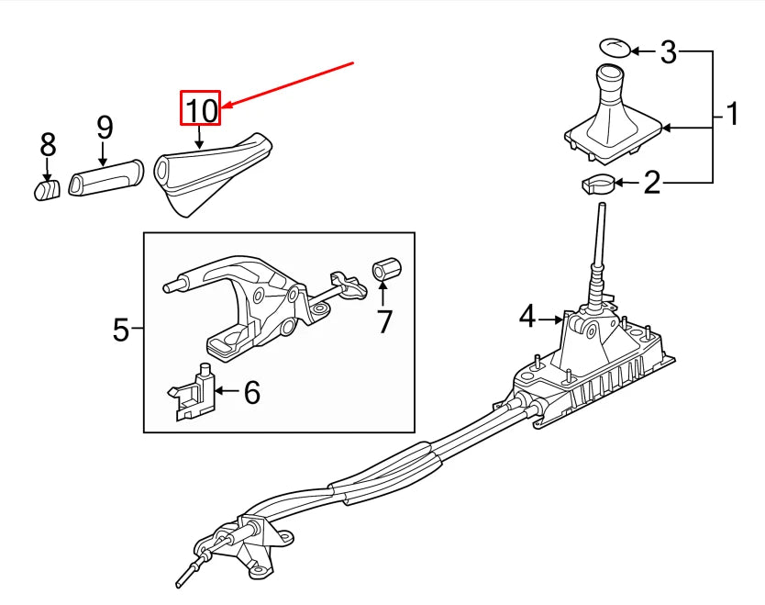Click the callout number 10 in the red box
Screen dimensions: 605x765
(201, 110)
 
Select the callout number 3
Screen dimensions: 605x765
(669, 52)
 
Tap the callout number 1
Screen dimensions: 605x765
(732, 115)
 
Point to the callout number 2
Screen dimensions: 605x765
(651, 184)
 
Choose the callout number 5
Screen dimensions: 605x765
(121, 329)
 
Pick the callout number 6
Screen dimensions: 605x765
(251, 393)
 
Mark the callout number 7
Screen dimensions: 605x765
(383, 321)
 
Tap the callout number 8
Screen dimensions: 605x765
(48, 145)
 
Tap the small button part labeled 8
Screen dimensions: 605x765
(47, 189)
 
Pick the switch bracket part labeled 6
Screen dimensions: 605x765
(194, 392)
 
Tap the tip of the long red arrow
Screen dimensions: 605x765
(219, 109)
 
